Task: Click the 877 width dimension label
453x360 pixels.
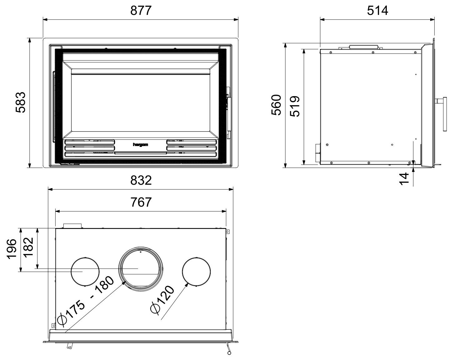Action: [141, 11]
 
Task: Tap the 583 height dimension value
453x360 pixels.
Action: [21, 102]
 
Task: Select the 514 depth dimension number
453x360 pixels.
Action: [377, 11]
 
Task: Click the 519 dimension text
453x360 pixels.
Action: [295, 106]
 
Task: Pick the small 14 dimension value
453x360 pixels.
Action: [404, 179]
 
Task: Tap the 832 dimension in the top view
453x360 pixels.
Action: [141, 180]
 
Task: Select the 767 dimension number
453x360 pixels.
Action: [141, 202]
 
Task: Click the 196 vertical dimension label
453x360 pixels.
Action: [12, 249]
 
